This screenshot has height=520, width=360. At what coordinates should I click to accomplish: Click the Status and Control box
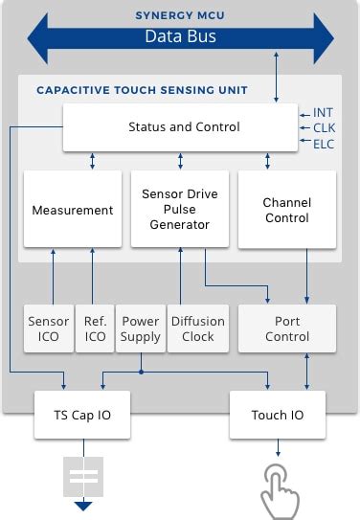pyautogui.click(x=180, y=127)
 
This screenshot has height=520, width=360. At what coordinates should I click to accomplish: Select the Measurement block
pyautogui.click(x=73, y=210)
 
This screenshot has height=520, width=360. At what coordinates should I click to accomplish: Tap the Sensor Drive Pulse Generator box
pyautogui.click(x=180, y=210)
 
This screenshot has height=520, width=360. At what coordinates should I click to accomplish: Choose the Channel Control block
pyautogui.click(x=286, y=210)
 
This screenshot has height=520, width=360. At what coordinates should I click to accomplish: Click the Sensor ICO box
pyautogui.click(x=48, y=329)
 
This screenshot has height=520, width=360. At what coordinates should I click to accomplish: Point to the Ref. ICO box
pyautogui.click(x=95, y=329)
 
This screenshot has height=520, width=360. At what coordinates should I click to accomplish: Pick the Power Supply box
pyautogui.click(x=141, y=329)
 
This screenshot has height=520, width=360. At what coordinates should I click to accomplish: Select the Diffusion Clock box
pyautogui.click(x=198, y=329)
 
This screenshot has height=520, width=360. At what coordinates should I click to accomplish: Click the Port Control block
pyautogui.click(x=286, y=329)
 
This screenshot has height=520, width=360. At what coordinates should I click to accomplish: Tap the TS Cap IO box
pyautogui.click(x=82, y=415)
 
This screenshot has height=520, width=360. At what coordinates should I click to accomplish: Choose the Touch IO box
pyautogui.click(x=277, y=415)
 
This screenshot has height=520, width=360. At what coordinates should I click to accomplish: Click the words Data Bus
pyautogui.click(x=180, y=37)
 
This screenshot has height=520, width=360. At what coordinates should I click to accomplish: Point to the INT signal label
pyautogui.click(x=324, y=112)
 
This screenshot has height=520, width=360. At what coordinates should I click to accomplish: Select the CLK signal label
pyautogui.click(x=325, y=127)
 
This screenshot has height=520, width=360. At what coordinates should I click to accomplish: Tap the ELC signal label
pyautogui.click(x=324, y=144)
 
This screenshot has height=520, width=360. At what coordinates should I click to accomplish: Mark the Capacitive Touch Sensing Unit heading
pyautogui.click(x=142, y=90)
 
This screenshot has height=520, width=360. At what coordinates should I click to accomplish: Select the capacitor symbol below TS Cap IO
pyautogui.click(x=82, y=476)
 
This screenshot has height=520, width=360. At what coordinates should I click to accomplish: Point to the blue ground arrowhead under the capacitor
pyautogui.click(x=82, y=506)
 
